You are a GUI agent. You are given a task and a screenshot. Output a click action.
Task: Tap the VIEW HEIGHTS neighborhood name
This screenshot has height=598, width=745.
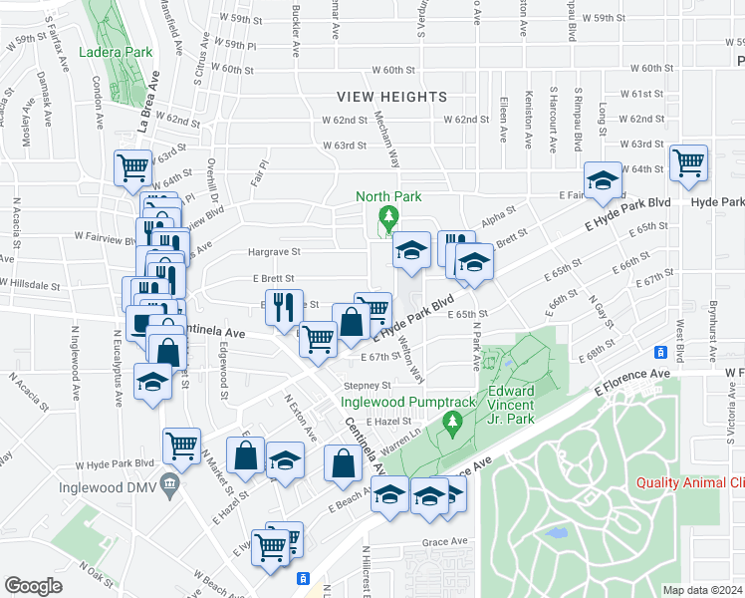391,97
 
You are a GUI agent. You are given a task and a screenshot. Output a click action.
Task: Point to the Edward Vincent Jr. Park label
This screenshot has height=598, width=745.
511,405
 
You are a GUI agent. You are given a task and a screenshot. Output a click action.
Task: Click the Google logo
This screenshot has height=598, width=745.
33,586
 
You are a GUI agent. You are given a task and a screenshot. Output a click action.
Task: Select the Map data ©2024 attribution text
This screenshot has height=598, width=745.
703,590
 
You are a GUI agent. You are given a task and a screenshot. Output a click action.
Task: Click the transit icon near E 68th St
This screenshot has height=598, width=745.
659,352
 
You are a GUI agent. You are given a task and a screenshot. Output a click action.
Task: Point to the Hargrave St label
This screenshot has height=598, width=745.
274,253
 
